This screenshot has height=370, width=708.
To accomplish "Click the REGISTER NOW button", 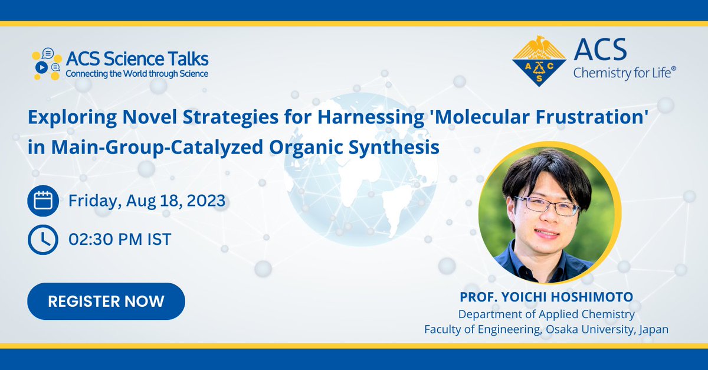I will point(106,301).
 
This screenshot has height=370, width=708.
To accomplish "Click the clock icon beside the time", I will point(42,240).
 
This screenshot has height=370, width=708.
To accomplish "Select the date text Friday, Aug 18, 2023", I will point(147,201).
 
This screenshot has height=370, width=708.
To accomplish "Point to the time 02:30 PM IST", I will point(120,240).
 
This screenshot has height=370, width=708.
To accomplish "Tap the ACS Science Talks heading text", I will point(137,60).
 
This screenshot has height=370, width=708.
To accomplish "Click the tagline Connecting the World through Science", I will point(136,74).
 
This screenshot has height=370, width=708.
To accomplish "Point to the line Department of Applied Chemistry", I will point(546,315).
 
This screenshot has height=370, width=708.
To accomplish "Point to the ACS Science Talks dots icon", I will point(46,64).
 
